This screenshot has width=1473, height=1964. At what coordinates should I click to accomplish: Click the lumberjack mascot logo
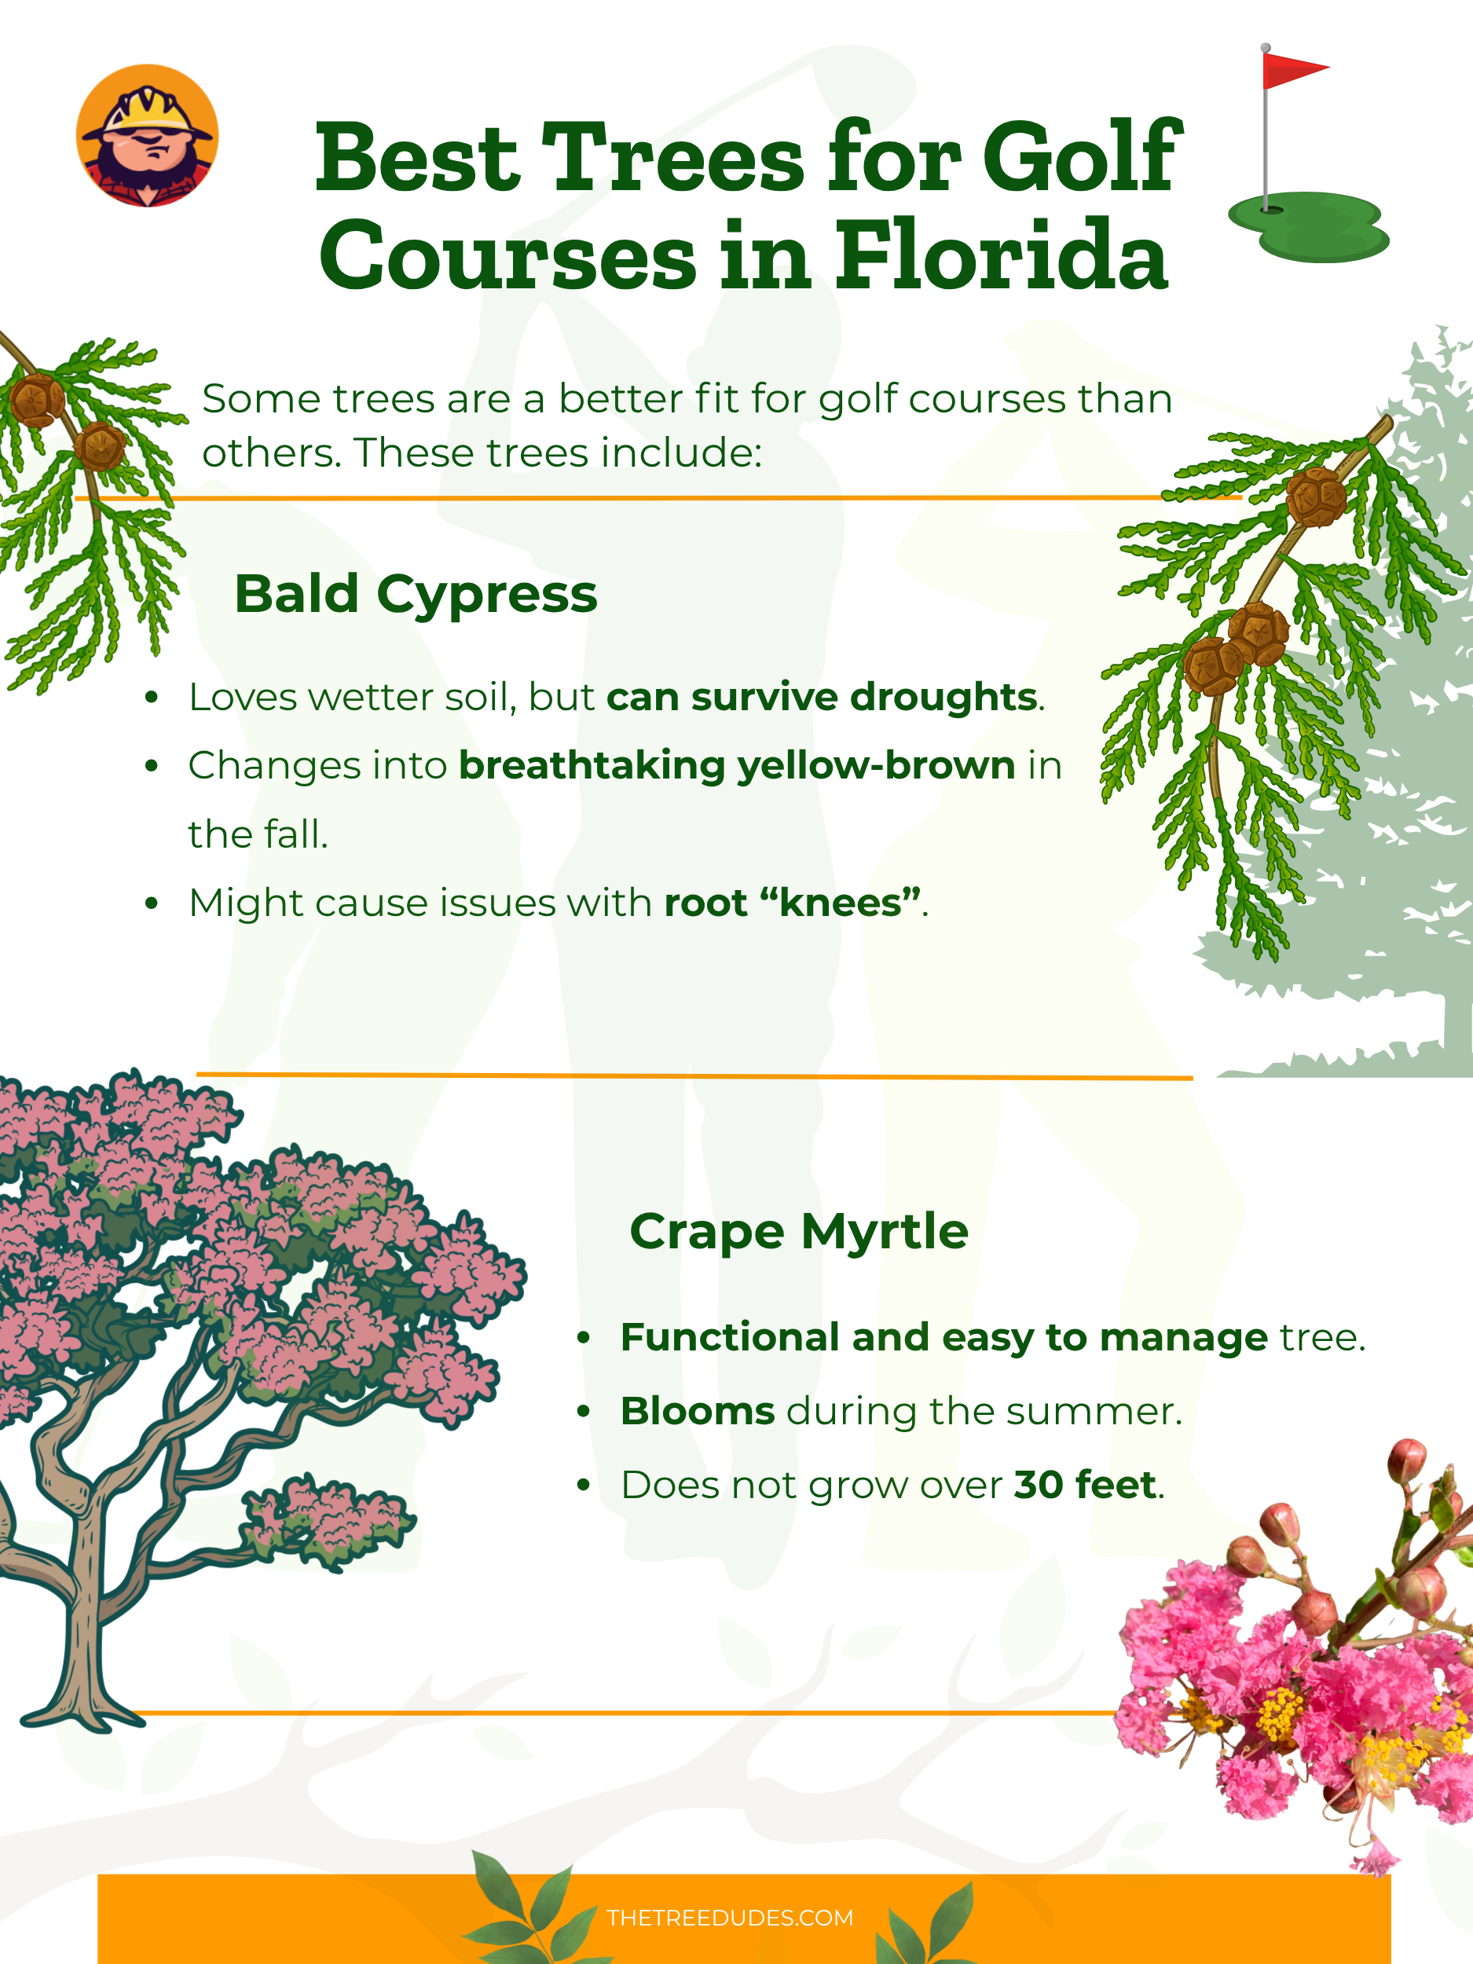point(148,136)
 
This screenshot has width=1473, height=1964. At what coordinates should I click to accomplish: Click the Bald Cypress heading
point(416,593)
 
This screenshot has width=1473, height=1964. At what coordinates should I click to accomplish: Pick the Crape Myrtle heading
point(798,1232)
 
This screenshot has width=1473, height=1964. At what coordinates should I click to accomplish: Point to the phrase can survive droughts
point(821,697)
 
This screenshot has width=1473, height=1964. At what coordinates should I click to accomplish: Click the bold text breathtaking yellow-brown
point(737,765)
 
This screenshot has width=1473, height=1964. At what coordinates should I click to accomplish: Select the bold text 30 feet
point(1085,1485)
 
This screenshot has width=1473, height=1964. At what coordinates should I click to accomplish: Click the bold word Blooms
point(697,1411)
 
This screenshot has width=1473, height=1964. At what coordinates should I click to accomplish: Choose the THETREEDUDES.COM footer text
point(730,1918)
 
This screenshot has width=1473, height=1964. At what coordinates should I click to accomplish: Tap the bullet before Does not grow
point(584,1486)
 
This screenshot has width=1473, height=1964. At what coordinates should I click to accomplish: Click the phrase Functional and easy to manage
point(944,1337)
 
